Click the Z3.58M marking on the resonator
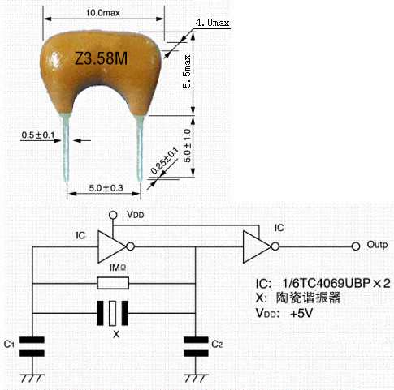click(102, 58)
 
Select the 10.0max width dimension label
click(102, 13)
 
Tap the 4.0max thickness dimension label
click(212, 23)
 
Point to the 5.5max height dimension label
click(187, 71)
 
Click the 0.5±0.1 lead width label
click(38, 135)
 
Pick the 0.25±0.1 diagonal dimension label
click(164, 161)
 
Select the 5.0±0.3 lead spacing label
click(106, 188)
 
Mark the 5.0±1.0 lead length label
click(187, 145)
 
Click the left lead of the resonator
click(66, 148)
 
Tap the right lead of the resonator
click(140, 148)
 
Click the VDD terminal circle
click(113, 215)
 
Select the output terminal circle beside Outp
click(356, 246)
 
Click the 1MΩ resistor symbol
click(113, 283)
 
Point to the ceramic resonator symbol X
click(113, 313)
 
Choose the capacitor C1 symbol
click(32, 347)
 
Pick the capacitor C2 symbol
click(196, 347)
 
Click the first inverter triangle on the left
click(112, 246)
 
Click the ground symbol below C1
click(32, 378)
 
